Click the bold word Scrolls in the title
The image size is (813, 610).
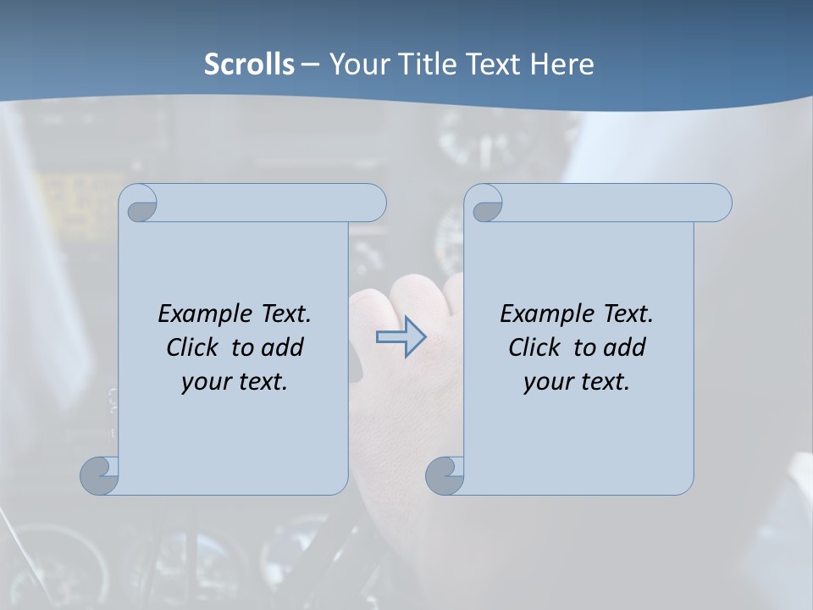tap(250, 64)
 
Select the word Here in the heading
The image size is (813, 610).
tap(562, 64)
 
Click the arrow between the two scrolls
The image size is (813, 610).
tap(401, 336)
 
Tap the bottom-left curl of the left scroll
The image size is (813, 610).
tap(98, 475)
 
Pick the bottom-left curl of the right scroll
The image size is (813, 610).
tap(444, 475)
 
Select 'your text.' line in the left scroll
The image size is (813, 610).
tap(235, 382)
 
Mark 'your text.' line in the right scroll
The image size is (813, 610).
tap(577, 382)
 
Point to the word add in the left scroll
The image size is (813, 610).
tap(283, 347)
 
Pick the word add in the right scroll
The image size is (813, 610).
tap(625, 347)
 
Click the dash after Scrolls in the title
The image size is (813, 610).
tap(310, 64)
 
